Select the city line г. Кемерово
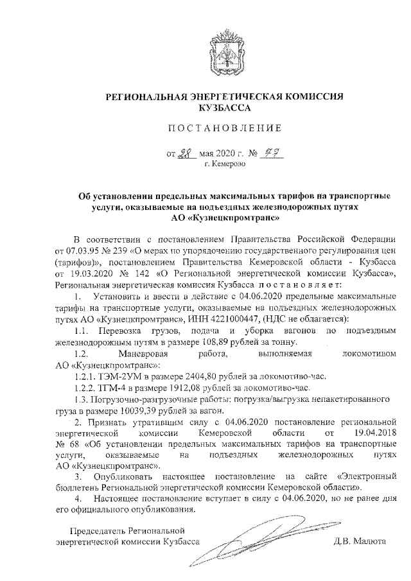(x=225, y=165)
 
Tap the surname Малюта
(x=370, y=542)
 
